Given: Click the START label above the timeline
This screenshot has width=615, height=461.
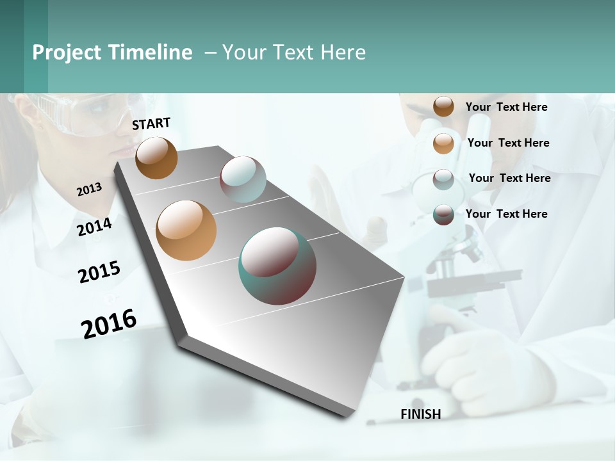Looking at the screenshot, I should pyautogui.click(x=151, y=124).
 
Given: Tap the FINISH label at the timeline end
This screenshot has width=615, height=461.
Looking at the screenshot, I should pyautogui.click(x=420, y=414).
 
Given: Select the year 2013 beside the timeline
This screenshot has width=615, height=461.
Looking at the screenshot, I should pyautogui.click(x=89, y=190).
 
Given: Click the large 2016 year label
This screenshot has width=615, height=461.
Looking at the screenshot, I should pyautogui.click(x=109, y=324).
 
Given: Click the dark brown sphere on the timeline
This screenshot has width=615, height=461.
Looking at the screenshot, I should pyautogui.click(x=156, y=158).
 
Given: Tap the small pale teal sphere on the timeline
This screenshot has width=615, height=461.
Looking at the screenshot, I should pyautogui.click(x=243, y=179).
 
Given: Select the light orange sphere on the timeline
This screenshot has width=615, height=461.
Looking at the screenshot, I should pyautogui.click(x=186, y=230).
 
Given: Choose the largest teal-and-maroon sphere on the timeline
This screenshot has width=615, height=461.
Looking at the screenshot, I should pyautogui.click(x=277, y=266).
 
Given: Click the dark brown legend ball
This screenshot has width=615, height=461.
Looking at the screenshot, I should pyautogui.click(x=443, y=107).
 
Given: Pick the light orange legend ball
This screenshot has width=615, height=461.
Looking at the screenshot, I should pyautogui.click(x=443, y=143).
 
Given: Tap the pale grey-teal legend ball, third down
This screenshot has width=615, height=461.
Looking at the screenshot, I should pyautogui.click(x=443, y=179).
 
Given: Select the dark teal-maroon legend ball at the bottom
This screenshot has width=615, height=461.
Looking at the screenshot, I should pyautogui.click(x=443, y=214).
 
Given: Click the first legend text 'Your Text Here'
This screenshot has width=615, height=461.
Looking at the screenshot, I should pyautogui.click(x=506, y=108).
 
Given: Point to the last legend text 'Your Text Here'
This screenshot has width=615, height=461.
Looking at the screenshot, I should pyautogui.click(x=506, y=214).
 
